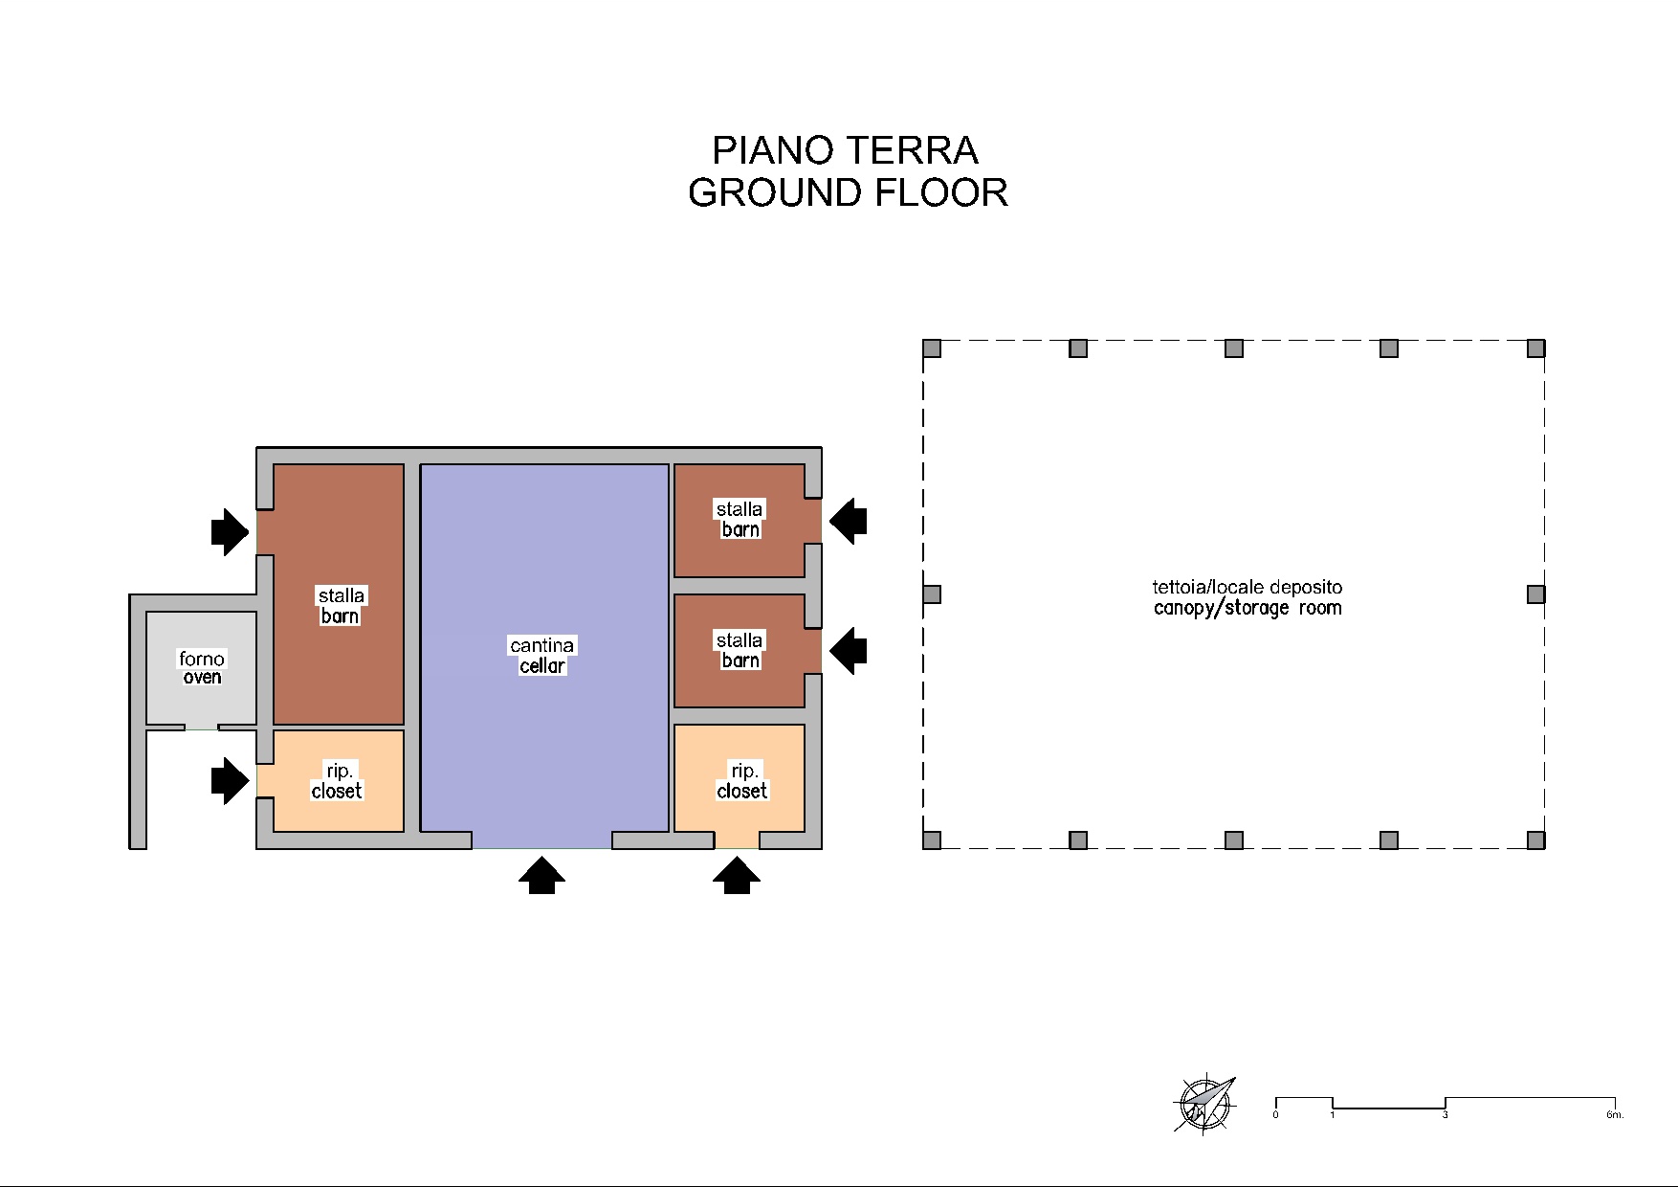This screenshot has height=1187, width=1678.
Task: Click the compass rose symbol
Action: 1204,1105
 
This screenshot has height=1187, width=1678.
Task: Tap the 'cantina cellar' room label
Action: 541,656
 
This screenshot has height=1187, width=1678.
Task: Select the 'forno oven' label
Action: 202,667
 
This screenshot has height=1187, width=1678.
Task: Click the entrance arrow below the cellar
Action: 541,876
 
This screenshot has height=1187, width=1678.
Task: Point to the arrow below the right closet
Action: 737,876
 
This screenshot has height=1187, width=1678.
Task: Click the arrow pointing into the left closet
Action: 231,780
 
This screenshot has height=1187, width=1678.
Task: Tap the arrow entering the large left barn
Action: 231,531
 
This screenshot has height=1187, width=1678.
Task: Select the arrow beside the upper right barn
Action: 848,522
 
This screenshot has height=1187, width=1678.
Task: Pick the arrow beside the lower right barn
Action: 848,652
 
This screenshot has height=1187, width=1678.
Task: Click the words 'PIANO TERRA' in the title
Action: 845,150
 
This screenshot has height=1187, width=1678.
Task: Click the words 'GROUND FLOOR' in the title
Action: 848,192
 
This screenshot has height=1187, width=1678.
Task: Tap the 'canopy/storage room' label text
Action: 1247,608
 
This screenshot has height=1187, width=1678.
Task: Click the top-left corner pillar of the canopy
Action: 932,348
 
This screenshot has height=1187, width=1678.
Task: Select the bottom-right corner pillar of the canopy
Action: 1535,840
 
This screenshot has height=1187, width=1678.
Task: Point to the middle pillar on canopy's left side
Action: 932,594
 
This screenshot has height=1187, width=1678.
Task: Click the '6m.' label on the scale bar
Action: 1615,1114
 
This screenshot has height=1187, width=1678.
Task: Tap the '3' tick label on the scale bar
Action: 1445,1114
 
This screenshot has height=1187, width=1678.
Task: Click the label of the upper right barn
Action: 740,519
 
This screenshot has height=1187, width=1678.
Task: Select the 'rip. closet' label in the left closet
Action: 338,780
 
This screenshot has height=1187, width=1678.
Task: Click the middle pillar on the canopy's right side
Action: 1535,594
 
